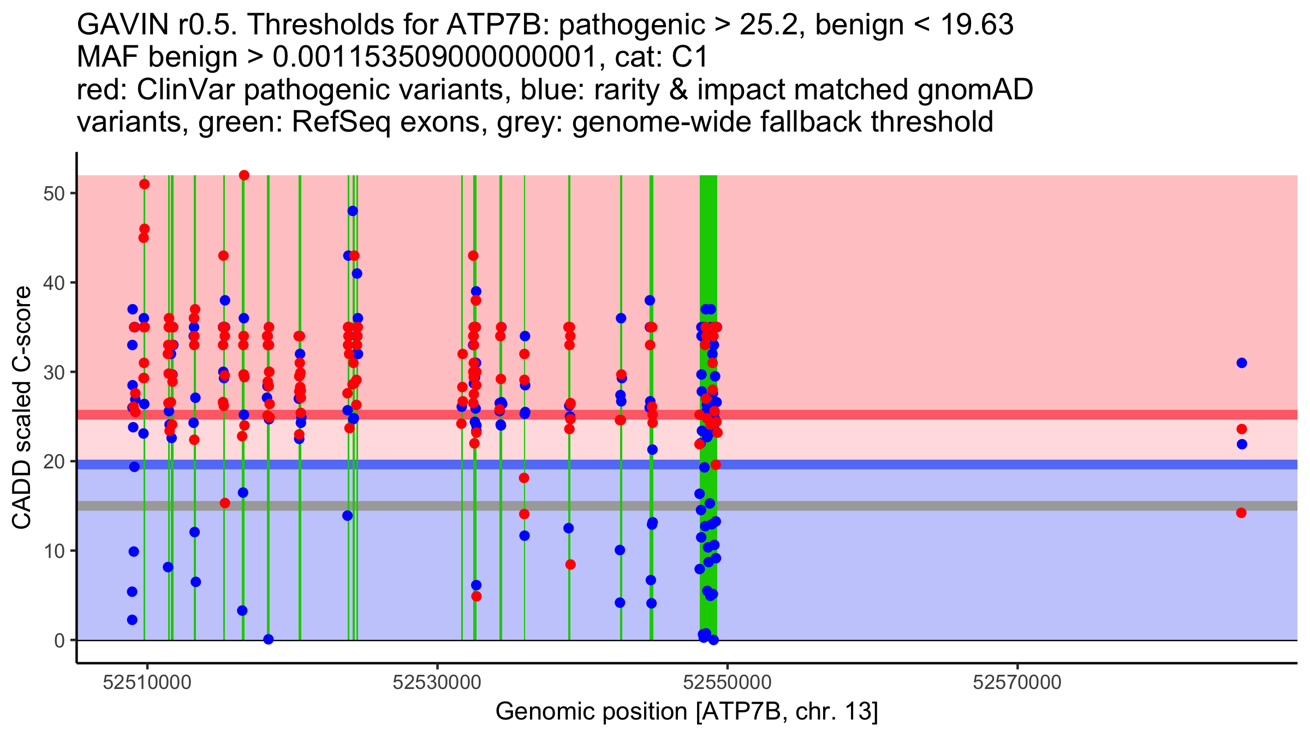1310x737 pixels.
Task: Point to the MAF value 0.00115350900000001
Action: click(434, 57)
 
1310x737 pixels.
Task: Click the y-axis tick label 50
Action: click(54, 194)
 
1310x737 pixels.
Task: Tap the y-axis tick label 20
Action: click(54, 462)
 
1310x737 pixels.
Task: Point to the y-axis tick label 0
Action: click(59, 640)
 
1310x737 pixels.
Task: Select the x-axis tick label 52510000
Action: click(147, 682)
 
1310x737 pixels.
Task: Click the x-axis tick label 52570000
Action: click(1017, 682)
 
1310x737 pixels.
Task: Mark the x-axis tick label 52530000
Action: click(437, 682)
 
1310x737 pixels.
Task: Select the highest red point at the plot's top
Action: click(244, 175)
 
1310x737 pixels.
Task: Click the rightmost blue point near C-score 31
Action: click(1242, 363)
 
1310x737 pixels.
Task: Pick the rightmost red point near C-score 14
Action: click(1241, 513)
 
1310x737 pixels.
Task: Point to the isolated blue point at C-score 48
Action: click(353, 211)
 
